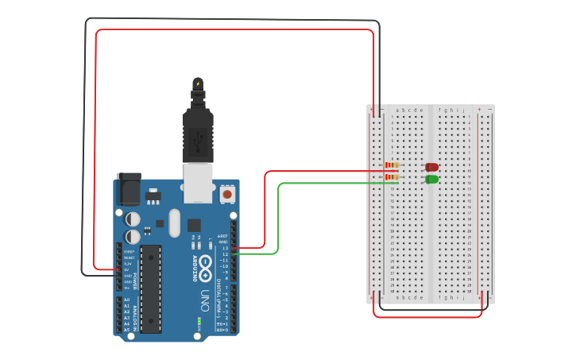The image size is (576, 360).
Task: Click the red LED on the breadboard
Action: [x=431, y=167]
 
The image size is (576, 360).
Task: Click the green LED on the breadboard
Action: [x=431, y=180]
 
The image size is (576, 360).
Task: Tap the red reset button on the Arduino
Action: [x=228, y=194]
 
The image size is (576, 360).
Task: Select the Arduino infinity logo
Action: [x=206, y=265]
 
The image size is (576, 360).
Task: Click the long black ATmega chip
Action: [x=151, y=288]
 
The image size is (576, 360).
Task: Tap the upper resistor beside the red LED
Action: [x=392, y=166]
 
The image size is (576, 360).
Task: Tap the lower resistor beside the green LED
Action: [x=392, y=178]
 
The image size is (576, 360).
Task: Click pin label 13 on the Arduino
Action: [x=225, y=248]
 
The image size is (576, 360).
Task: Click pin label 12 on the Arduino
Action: [x=225, y=254]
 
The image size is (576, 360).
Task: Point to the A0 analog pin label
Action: [x=126, y=300]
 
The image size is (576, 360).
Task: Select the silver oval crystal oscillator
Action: [x=174, y=224]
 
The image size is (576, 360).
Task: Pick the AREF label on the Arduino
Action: [x=223, y=237]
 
